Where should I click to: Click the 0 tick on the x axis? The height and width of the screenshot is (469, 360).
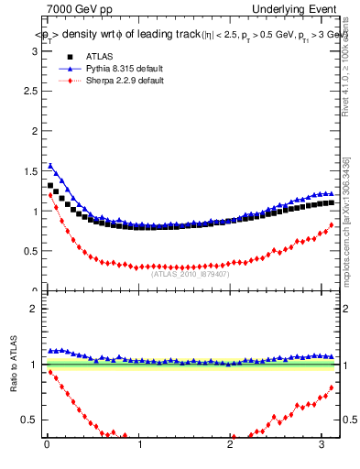point(47,446)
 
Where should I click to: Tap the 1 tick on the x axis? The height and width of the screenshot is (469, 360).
point(139,446)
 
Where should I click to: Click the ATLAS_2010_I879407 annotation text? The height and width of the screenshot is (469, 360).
point(191,273)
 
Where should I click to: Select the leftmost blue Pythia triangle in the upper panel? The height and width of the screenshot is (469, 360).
point(50,166)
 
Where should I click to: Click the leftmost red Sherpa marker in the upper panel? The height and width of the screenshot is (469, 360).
point(50,195)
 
